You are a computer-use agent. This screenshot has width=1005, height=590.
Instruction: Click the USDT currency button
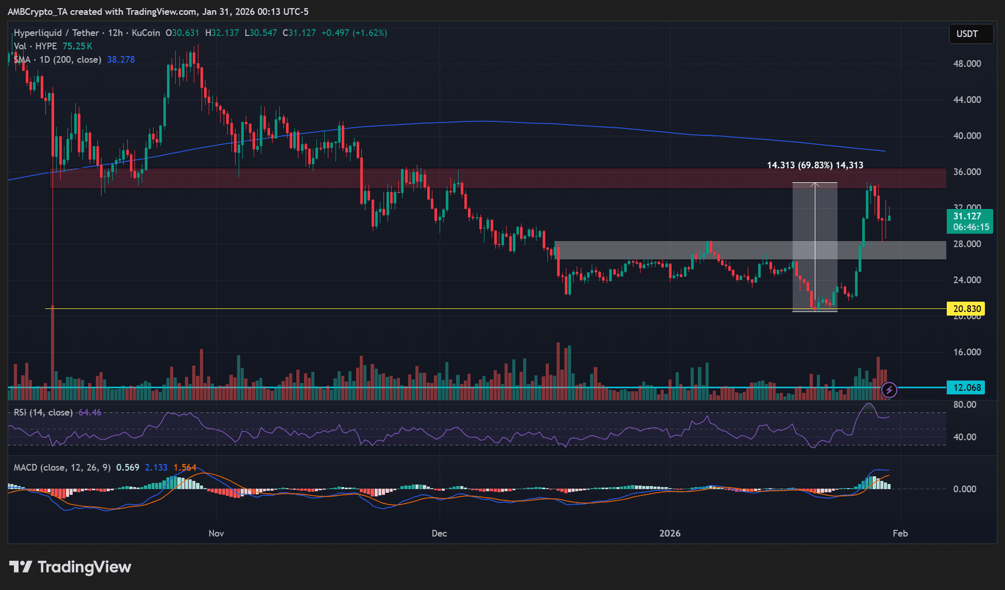[x=967, y=34]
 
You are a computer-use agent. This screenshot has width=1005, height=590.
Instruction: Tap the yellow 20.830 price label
[x=967, y=309]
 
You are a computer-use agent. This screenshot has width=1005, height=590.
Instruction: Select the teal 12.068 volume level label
[x=967, y=388]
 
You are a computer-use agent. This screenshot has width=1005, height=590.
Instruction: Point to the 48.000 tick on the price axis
[x=967, y=64]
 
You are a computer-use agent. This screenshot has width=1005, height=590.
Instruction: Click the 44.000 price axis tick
[x=967, y=100]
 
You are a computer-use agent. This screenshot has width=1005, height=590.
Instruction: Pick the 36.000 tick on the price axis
[x=967, y=172]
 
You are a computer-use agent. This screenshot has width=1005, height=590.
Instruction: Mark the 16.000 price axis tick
[x=967, y=352]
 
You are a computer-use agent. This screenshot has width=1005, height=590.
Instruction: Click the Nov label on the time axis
[x=216, y=534]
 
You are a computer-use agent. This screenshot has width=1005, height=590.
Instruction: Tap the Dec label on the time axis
[x=439, y=534]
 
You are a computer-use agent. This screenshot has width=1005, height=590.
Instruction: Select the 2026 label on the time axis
[x=670, y=534]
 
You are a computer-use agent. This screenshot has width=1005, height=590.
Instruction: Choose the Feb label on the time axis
[x=900, y=534]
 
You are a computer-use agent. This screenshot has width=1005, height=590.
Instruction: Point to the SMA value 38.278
[x=121, y=60]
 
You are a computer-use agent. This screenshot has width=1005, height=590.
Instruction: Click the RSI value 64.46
[x=89, y=412]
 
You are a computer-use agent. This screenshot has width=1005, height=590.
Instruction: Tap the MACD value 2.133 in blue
[x=156, y=468]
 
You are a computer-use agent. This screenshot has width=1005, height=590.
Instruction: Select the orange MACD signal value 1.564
[x=185, y=468]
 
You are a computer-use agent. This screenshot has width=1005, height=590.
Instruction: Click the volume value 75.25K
[x=77, y=46]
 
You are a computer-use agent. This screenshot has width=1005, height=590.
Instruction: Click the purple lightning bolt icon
[x=889, y=390]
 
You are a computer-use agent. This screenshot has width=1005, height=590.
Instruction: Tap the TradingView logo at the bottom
[x=70, y=567]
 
